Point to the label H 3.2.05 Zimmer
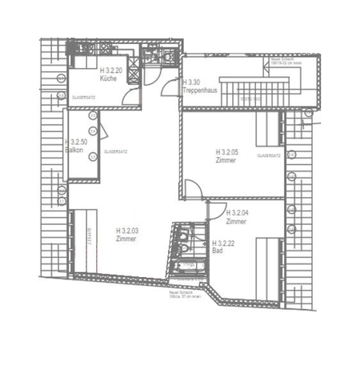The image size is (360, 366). [229, 155]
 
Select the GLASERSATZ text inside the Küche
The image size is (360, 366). [84, 97]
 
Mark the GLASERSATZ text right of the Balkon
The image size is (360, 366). [116, 151]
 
